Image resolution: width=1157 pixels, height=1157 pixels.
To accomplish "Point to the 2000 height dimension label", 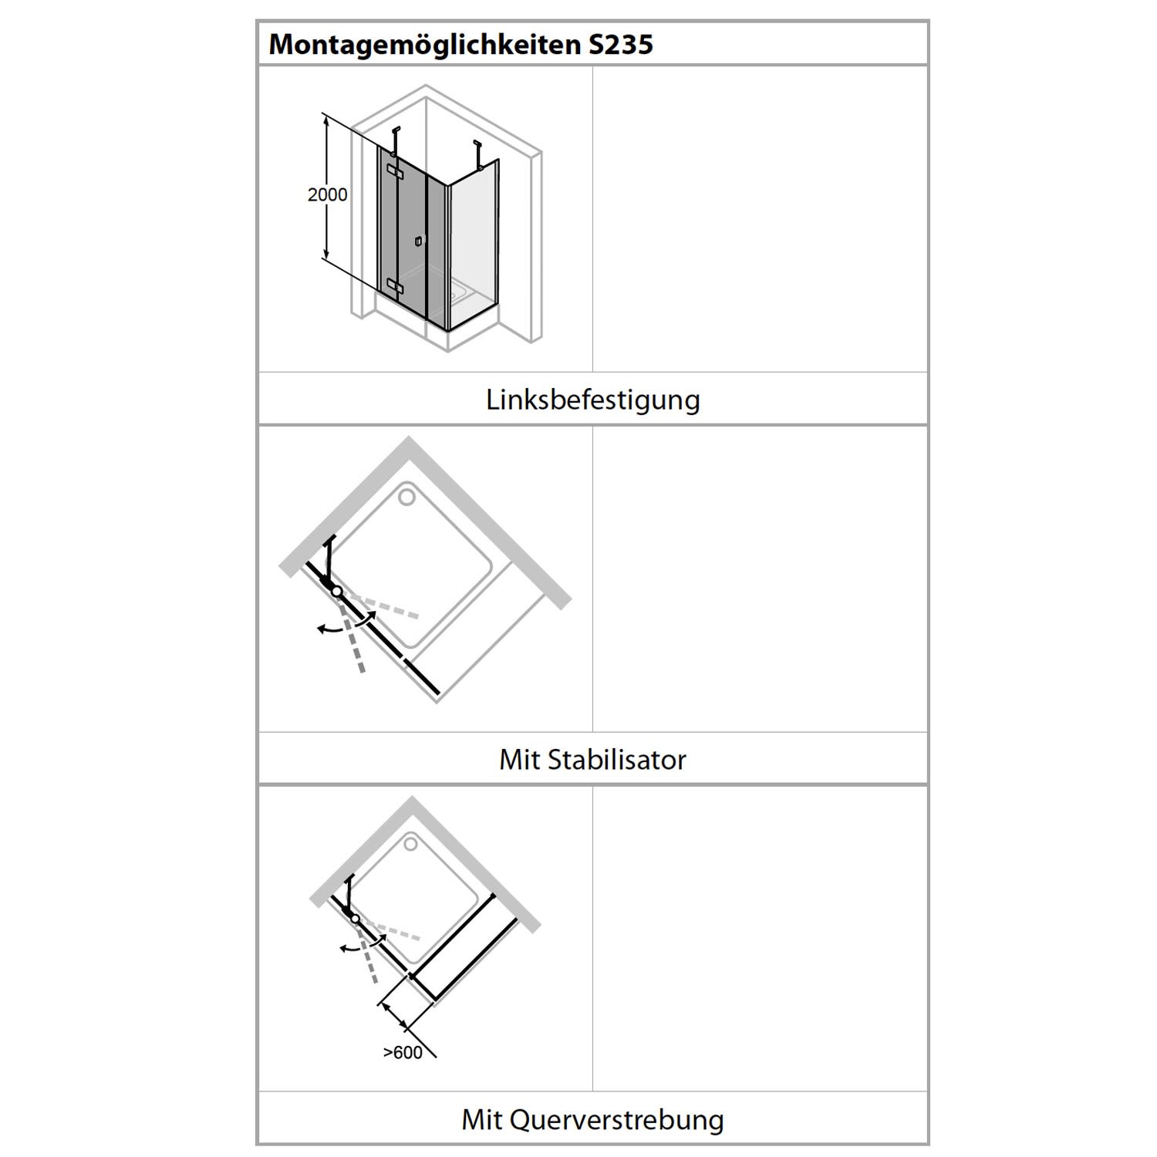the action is click(328, 195).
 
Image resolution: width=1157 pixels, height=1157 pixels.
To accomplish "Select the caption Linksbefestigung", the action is click(593, 400).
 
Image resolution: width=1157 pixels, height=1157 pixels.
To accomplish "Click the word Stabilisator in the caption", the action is click(616, 760).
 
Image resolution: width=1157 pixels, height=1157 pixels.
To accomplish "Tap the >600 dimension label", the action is click(403, 1053).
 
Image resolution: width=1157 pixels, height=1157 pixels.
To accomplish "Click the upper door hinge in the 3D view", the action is click(395, 171).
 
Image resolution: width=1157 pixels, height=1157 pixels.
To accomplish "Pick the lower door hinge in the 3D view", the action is click(395, 287).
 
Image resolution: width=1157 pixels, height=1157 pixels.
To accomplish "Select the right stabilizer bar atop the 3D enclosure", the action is click(478, 153).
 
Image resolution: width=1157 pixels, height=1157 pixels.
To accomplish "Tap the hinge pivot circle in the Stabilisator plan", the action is click(336, 591).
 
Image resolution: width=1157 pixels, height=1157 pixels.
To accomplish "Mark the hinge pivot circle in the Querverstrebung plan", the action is click(355, 919).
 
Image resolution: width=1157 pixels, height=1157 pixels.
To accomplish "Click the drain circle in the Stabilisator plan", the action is click(406, 497).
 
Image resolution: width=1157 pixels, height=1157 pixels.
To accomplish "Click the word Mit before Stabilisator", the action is click(519, 760).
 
